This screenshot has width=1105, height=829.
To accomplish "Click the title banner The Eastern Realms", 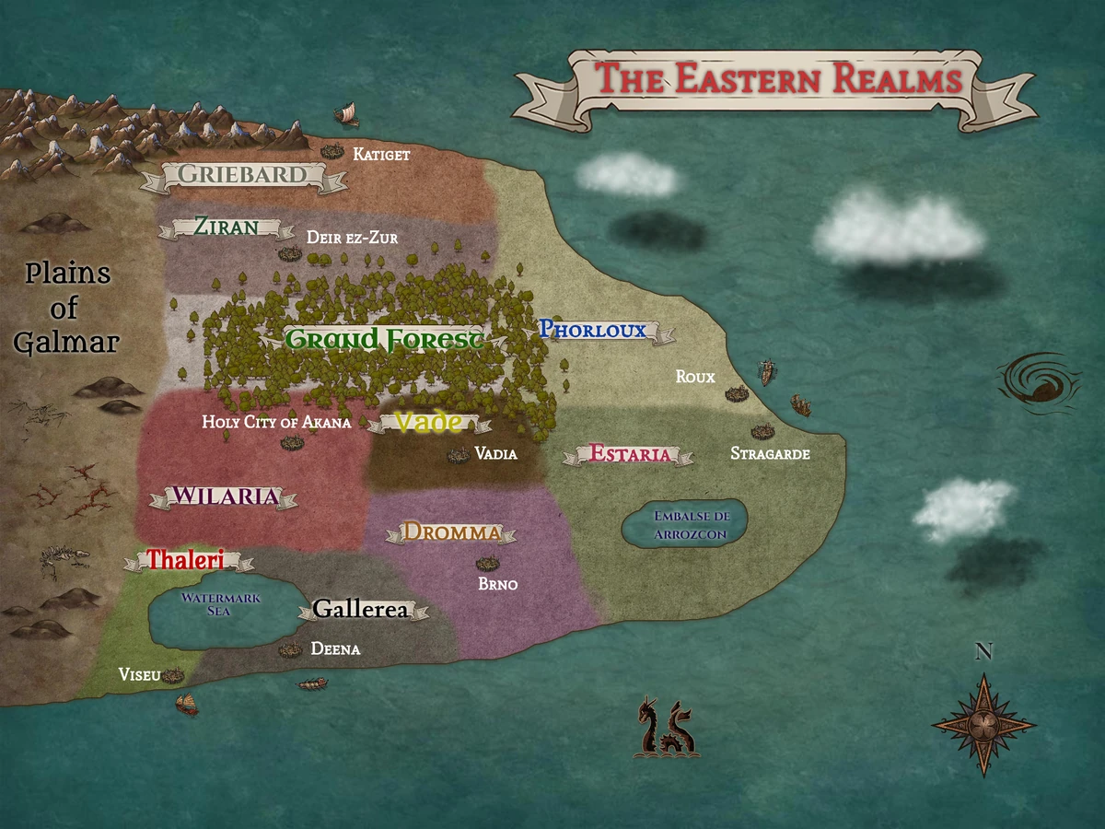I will point(778,80).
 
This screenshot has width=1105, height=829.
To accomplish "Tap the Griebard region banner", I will point(242,174).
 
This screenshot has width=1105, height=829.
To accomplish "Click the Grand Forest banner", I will point(384,339).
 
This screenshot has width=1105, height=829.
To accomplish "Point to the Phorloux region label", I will point(593,329).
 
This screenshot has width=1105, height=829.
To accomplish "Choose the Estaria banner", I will point(630,453).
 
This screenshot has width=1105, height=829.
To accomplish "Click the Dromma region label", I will point(451,532).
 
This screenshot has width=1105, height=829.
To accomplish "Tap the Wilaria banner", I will point(225,496).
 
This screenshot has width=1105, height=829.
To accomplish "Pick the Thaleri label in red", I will point(187,559).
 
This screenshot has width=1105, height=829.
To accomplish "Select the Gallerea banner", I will point(360,609).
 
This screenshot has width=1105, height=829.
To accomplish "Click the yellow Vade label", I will point(428,422).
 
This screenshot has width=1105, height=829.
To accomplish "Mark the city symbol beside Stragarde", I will point(762,431).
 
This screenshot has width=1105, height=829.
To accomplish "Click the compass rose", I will point(983,724).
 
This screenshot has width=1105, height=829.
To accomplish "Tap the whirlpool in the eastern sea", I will point(1040,380).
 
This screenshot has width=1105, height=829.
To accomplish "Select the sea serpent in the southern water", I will point(665,728).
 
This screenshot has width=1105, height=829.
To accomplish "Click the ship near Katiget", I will point(347,116).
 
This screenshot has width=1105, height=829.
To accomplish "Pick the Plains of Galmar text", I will point(67,308).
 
